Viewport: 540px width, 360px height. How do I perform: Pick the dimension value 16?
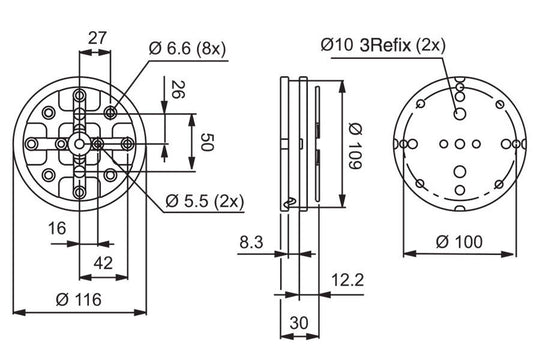coord(58,229)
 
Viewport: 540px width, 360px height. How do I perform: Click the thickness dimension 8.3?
coord(253,242)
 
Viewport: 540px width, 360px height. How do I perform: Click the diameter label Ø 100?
coord(460,241)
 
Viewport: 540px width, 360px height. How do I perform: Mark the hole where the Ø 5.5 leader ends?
coord(98,145)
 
